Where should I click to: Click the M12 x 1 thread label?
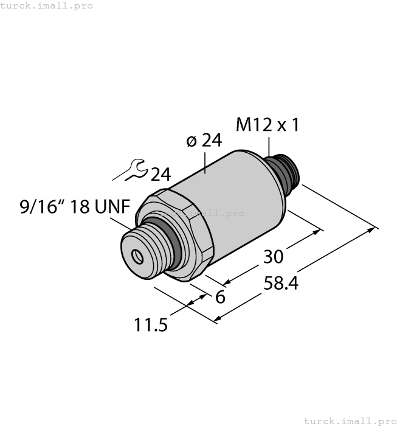tap(268, 125)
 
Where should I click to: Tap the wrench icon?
tap(130, 170)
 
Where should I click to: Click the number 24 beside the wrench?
tap(161, 175)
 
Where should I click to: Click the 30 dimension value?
tap(274, 257)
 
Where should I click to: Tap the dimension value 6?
tap(220, 297)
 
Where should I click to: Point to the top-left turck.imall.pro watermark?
tap(47, 5)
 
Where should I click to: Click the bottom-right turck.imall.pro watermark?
tap(349, 421)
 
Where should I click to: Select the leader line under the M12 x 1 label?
tap(268, 147)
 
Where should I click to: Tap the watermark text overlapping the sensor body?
tap(201, 213)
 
